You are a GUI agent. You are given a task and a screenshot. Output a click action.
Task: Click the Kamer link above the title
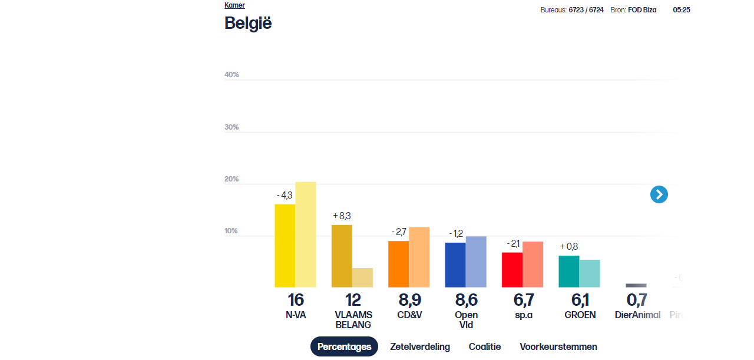(234, 5)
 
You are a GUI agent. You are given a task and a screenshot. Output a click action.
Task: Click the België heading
(248, 23)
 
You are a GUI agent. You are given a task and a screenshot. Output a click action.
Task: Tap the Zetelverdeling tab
(419, 346)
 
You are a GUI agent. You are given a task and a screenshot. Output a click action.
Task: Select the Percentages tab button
(344, 346)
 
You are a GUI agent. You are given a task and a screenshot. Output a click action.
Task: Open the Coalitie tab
(484, 346)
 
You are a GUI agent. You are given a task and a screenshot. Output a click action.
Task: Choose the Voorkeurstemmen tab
(558, 346)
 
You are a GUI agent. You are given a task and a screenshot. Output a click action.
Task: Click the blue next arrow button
(659, 194)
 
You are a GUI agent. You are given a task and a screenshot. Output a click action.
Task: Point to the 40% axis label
(232, 75)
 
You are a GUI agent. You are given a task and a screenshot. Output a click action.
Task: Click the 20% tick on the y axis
(232, 179)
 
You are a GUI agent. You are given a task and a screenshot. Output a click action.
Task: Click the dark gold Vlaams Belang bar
(342, 256)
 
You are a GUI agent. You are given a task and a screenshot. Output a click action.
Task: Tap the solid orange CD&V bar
(398, 264)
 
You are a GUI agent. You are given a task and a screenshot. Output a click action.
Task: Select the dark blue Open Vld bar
(455, 265)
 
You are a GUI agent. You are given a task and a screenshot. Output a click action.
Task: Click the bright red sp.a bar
(512, 270)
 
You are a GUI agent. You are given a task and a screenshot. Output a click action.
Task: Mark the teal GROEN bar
(568, 272)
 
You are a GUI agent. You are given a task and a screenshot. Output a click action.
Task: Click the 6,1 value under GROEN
(580, 300)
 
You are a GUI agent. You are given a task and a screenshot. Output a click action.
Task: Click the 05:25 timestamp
(682, 10)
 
